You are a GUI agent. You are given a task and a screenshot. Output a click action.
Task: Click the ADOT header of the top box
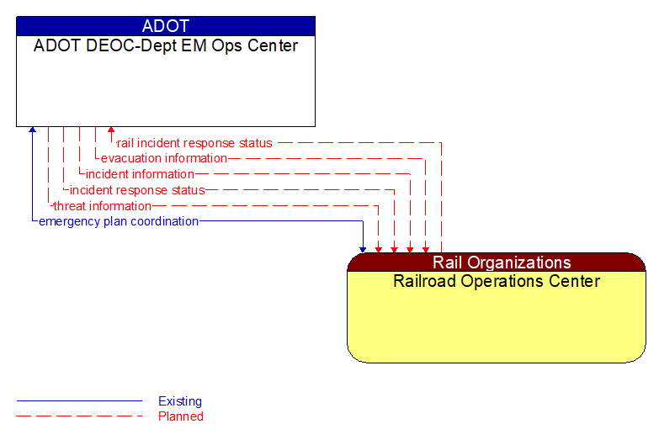point(166,26)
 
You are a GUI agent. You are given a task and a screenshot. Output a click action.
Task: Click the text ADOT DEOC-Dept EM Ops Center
point(166,46)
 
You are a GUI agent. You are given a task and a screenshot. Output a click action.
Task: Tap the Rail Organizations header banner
point(497,262)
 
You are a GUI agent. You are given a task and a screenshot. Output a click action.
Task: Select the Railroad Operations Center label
point(497,281)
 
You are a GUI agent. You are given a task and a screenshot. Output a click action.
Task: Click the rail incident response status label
point(194,143)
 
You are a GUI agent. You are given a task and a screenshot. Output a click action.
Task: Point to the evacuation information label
point(164,158)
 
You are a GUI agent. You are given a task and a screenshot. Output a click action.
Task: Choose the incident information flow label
point(140,174)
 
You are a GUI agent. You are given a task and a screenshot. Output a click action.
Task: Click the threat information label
point(102,206)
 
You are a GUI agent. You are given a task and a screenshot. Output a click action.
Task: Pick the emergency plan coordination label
point(119,221)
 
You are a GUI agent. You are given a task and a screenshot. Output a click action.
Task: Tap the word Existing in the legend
point(180,401)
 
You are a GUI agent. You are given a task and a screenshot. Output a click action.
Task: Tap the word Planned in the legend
point(181,416)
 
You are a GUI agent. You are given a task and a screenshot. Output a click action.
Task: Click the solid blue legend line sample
point(79,401)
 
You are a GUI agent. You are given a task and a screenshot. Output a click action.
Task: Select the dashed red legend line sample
point(79,416)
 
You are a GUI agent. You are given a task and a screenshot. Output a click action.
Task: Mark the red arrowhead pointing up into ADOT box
point(111,131)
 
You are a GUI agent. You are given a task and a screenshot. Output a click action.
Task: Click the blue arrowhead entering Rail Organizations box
point(363,248)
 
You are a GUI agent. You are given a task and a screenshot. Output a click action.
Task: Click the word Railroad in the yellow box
point(424,281)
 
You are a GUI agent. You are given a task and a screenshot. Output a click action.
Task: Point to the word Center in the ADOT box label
point(273,46)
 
